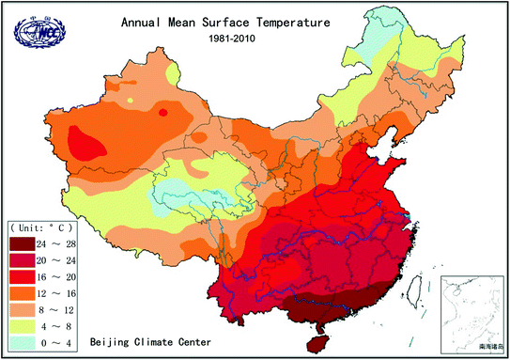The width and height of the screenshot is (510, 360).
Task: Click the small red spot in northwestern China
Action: [x=163, y=113]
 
